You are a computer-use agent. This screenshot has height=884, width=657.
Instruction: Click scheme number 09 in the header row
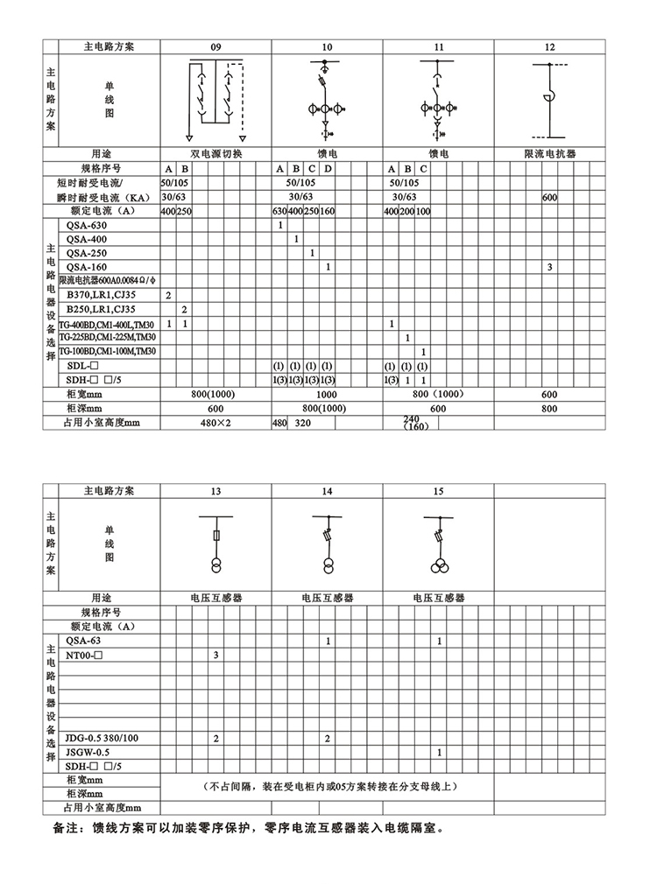click(x=215, y=46)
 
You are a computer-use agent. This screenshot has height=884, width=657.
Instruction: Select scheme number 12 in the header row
click(x=549, y=46)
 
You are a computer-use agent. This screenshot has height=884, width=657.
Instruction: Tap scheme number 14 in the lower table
click(x=327, y=491)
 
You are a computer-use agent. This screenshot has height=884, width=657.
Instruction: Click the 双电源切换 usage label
click(x=215, y=153)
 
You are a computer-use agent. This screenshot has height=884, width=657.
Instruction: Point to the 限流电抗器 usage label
click(x=549, y=153)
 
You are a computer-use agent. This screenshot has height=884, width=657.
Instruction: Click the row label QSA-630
click(x=87, y=226)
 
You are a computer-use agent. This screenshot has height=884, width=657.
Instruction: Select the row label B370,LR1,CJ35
click(x=102, y=296)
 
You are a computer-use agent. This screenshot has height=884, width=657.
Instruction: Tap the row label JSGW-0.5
click(x=88, y=752)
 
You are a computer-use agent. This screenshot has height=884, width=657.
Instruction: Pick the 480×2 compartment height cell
click(x=215, y=423)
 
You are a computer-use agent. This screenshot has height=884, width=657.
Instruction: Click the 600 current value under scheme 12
click(x=549, y=198)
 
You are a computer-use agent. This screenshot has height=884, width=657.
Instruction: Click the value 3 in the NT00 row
click(x=215, y=655)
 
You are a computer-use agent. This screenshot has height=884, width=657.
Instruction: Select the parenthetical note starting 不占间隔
click(x=328, y=786)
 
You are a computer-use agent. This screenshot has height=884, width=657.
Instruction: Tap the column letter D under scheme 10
click(x=328, y=168)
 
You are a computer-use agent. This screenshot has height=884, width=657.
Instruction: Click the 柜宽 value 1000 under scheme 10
click(x=327, y=395)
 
